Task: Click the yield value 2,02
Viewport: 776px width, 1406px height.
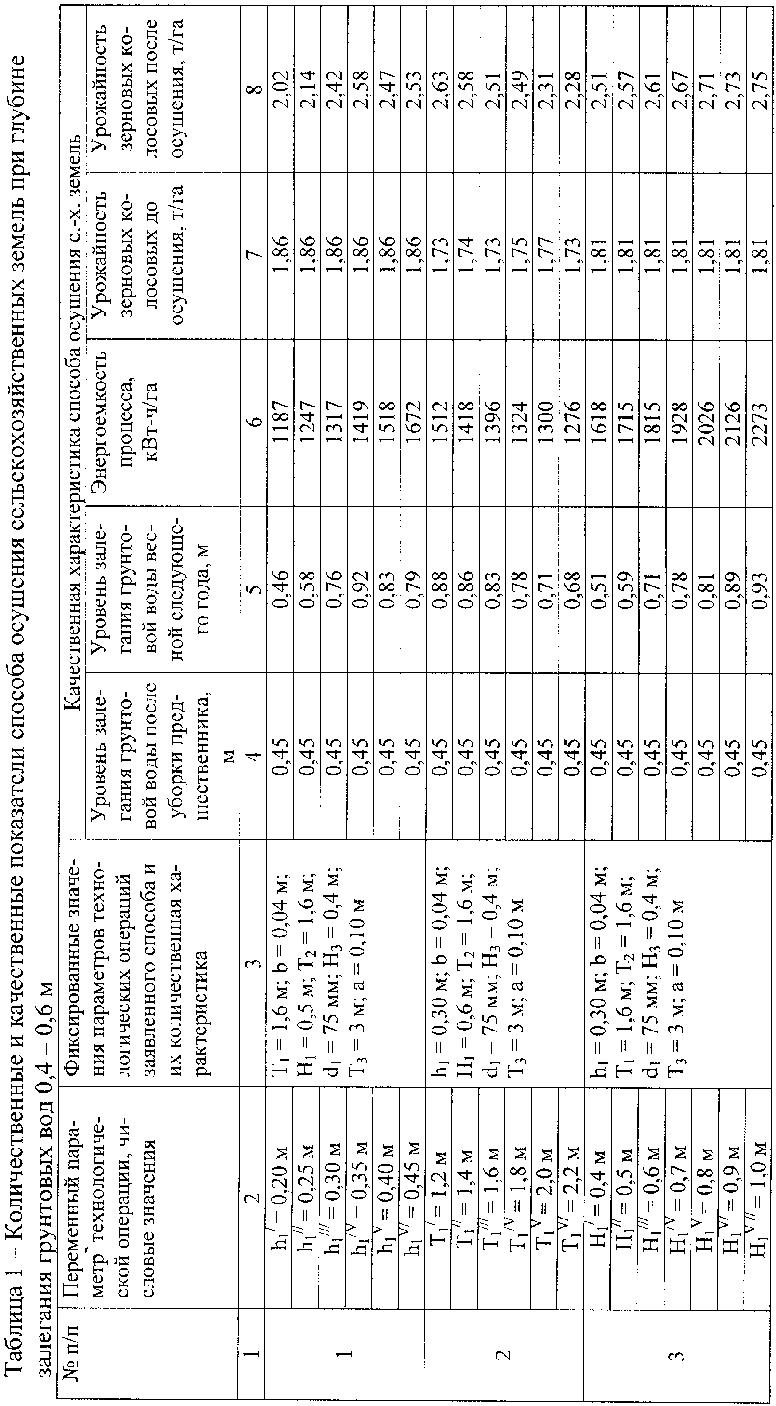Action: (x=280, y=86)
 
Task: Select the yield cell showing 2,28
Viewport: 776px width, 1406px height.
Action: (x=573, y=86)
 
